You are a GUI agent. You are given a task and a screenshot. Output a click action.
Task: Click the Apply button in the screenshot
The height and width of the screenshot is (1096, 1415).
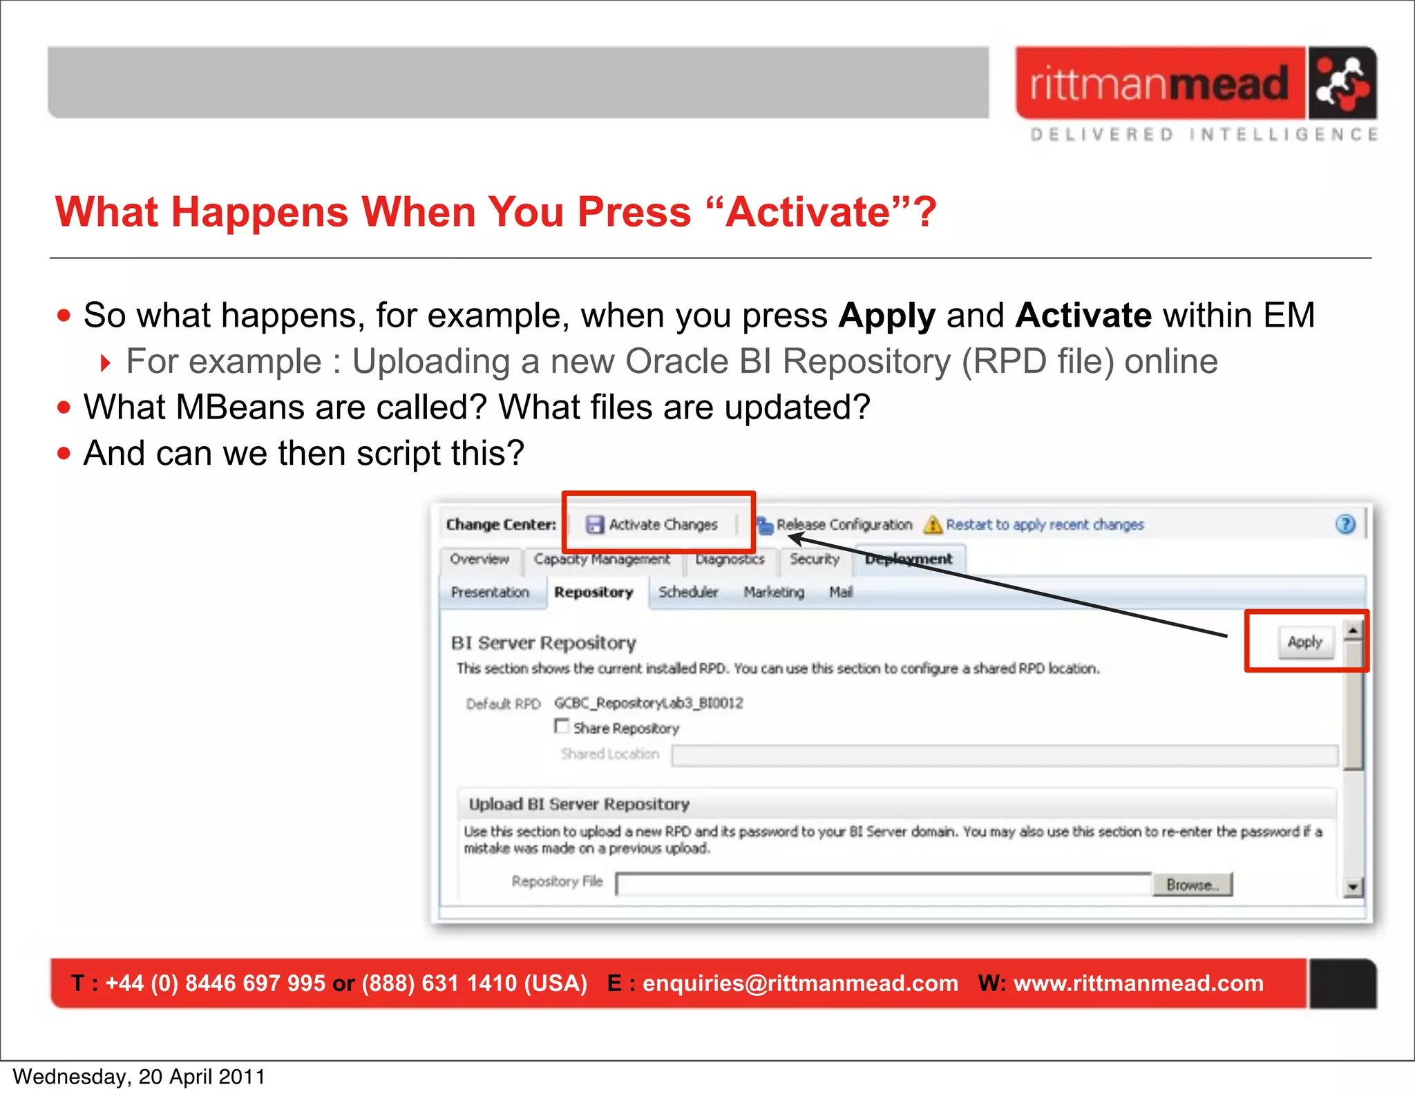1304,642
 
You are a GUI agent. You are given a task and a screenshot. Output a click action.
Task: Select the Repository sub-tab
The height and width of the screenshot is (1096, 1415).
593,593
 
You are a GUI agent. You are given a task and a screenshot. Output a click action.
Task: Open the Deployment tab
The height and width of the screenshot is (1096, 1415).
909,559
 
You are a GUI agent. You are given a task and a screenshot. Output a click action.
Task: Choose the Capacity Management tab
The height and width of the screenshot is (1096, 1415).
602,559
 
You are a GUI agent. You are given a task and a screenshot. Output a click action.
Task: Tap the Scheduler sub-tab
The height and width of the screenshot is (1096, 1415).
688,593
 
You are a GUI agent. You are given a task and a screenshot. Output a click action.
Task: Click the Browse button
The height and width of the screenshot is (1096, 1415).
1192,885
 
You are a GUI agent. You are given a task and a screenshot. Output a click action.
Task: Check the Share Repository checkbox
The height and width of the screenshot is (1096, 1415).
562,727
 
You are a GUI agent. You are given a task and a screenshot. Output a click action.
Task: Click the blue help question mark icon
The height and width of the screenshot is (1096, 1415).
1345,525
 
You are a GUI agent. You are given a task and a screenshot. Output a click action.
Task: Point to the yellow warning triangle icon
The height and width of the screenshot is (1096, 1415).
933,525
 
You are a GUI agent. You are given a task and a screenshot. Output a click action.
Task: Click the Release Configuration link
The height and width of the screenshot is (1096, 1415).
844,525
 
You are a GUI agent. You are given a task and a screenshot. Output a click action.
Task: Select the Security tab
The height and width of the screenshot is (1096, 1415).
815,559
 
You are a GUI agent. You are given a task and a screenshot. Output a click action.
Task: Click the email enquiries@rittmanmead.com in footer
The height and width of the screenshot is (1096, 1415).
800,983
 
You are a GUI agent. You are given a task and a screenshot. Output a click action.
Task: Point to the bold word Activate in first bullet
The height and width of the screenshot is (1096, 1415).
1083,316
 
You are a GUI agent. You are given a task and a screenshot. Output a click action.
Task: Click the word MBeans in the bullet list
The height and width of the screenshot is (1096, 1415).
240,407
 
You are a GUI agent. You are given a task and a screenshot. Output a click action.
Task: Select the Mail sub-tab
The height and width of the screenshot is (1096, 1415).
841,593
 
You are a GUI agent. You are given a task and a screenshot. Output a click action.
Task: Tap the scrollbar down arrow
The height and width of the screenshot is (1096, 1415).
1353,887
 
